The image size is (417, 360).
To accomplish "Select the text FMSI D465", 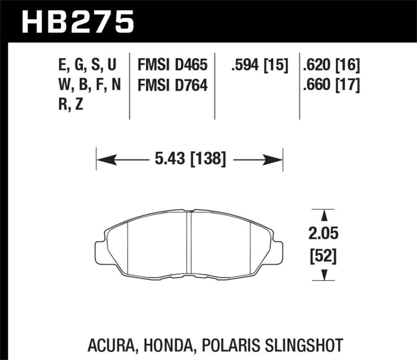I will (172, 65).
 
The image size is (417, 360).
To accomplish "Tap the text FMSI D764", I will (172, 84).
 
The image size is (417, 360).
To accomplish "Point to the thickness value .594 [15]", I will (259, 65).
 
